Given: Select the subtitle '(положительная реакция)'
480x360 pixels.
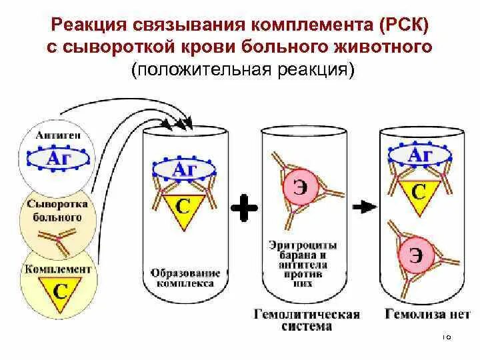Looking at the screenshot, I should [241, 69].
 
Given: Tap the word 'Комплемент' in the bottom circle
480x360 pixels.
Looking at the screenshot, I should [57, 269].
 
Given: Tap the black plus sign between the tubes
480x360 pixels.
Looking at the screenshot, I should [243, 209].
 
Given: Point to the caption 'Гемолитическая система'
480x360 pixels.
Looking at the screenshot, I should [306, 320].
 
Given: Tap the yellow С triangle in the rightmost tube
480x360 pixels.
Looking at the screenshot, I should [419, 191].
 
